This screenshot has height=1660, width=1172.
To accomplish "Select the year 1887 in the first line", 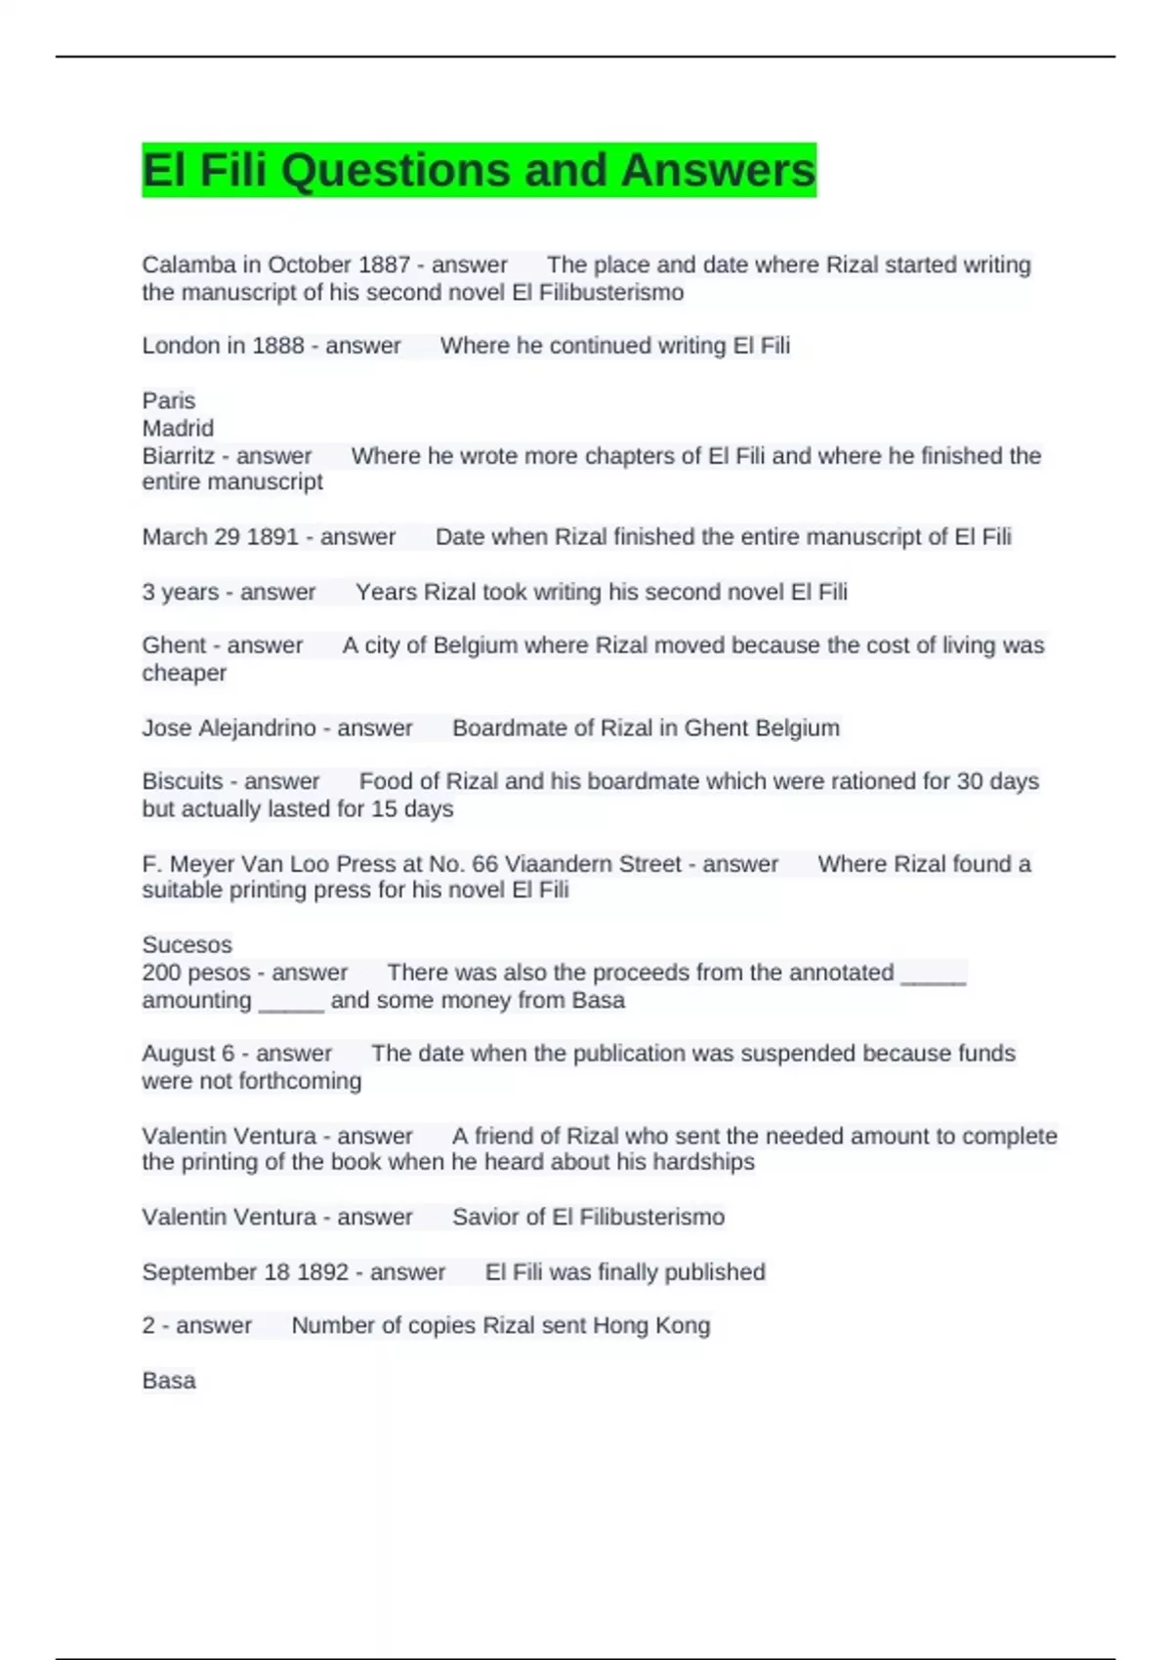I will [x=384, y=265].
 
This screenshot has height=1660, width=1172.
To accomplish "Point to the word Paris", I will [x=168, y=400].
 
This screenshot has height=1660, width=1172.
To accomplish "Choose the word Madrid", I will [x=178, y=428].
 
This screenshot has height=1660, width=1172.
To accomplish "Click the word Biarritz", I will [x=179, y=456].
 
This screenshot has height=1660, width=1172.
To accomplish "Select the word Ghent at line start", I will [x=172, y=645].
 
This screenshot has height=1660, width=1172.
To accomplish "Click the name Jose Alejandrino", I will [x=229, y=727].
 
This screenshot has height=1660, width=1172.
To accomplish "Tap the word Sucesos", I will [x=187, y=944].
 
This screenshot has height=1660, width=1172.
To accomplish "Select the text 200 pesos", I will [x=195, y=973].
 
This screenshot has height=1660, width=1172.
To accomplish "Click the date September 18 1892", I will [x=244, y=1272].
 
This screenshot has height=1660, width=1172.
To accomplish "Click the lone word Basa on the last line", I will [x=168, y=1380].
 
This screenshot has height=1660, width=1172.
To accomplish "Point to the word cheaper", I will [x=184, y=673].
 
